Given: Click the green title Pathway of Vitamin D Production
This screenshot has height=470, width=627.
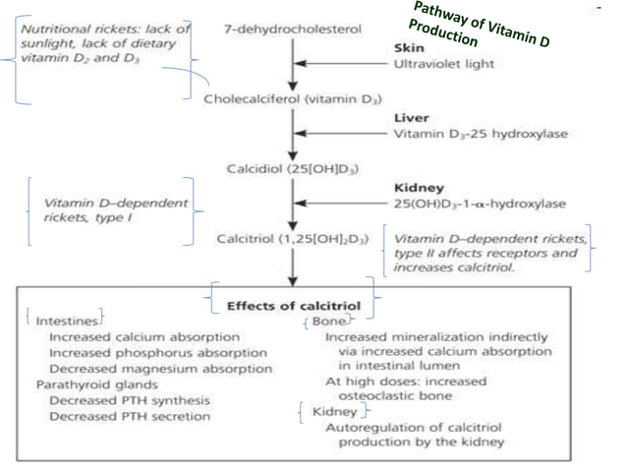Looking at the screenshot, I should tap(481, 26).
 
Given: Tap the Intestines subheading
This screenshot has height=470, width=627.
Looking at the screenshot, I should tap(66, 321).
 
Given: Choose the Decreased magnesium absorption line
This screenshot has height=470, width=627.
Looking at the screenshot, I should tap(160, 369).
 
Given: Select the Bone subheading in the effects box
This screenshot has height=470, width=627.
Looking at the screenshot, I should tap(328, 321).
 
